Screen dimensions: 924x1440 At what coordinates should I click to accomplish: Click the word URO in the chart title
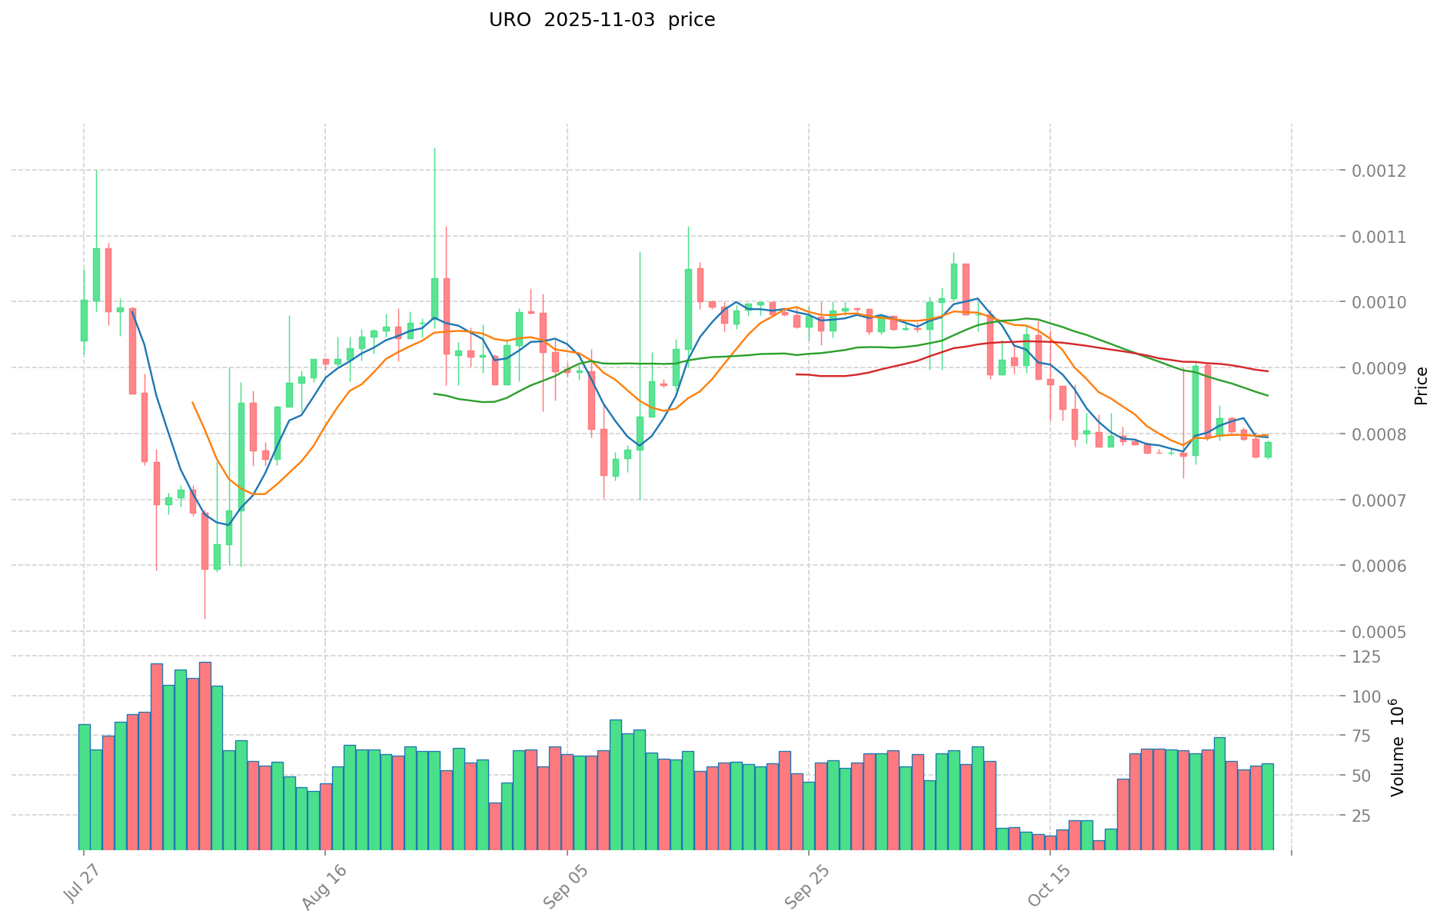(x=509, y=20)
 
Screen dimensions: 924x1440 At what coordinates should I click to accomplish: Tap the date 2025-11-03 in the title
(x=599, y=20)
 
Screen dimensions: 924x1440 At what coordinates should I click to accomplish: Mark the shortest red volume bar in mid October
(x=1099, y=845)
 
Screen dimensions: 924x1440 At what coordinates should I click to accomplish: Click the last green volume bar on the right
(x=1267, y=806)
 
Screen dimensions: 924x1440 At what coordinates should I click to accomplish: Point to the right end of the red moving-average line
(x=1267, y=371)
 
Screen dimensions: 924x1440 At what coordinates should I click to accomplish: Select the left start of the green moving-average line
(x=434, y=394)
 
